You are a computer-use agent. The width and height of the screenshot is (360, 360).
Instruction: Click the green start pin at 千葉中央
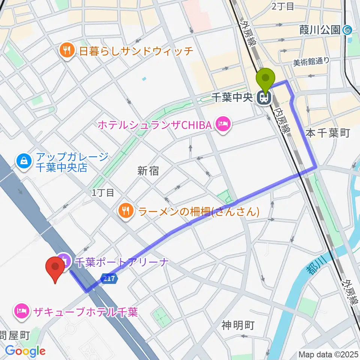[265, 79]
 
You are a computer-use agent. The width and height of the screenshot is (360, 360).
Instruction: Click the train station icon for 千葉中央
[265, 98]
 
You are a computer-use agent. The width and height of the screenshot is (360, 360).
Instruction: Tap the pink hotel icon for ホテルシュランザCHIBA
[223, 125]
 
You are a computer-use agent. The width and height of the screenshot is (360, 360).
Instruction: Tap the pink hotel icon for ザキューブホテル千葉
[22, 311]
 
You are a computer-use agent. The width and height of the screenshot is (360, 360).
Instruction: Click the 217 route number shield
[109, 278]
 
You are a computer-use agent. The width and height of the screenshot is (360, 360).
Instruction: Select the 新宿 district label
[148, 171]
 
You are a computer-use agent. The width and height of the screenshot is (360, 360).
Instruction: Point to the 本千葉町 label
[328, 133]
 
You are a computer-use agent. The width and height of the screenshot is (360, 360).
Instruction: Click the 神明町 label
[237, 325]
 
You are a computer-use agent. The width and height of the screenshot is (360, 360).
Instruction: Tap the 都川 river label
[316, 265]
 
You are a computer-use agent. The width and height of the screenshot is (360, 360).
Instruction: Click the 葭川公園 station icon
[347, 30]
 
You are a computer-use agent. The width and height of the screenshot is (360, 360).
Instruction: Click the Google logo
[25, 351]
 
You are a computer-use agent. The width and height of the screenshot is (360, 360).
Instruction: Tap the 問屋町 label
[15, 335]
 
